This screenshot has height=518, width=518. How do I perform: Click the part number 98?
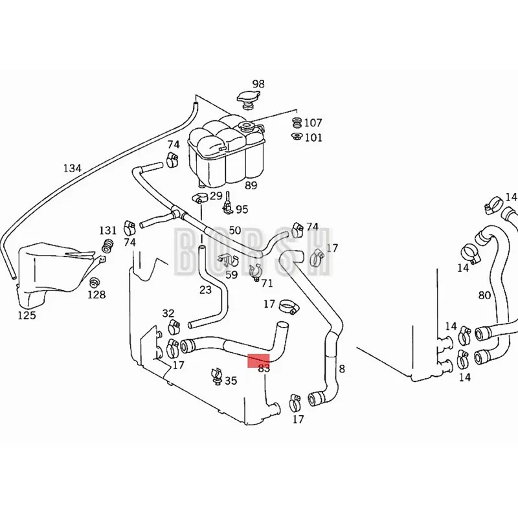258,84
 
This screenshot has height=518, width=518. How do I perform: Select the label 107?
313,122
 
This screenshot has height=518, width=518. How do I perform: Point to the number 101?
313,137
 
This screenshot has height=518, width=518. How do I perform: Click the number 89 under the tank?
251,185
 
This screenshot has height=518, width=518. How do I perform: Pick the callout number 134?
72,168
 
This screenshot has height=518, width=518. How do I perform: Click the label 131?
107,231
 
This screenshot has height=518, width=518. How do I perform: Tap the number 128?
96,295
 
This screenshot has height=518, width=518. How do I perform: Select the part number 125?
27,315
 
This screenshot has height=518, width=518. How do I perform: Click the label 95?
242,209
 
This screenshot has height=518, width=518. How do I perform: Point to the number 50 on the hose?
234,231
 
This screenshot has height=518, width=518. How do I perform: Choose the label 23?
205,290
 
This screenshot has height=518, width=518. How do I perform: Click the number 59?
231,275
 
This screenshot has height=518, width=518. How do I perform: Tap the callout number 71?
267,284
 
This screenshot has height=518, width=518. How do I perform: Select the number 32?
168,314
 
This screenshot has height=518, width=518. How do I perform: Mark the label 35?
231,381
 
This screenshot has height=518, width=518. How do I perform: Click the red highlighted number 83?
264,368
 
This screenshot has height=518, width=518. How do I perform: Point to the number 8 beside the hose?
342,369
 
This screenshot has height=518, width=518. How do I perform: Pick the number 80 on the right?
484,296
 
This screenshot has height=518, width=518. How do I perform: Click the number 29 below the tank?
216,196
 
